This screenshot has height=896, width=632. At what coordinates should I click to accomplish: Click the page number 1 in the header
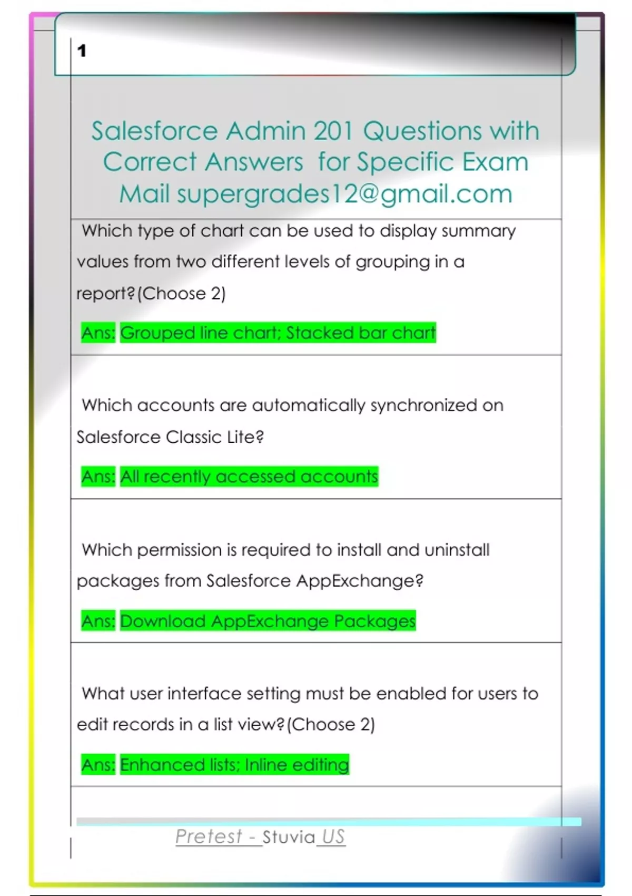click(82, 51)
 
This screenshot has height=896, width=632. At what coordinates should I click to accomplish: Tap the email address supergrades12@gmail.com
click(344, 193)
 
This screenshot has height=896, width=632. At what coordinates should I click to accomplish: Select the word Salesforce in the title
click(154, 131)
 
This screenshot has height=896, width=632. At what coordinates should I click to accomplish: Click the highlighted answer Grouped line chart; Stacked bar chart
click(278, 333)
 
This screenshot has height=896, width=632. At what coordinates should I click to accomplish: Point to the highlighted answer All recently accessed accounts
click(249, 476)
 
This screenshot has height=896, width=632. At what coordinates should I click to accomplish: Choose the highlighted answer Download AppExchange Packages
click(268, 621)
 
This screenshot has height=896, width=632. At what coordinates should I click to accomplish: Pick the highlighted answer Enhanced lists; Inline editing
click(234, 765)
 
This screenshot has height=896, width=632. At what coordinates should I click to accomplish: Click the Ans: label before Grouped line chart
click(98, 333)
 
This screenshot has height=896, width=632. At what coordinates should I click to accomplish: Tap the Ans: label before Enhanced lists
click(98, 765)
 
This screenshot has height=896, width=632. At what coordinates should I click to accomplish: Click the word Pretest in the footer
click(209, 836)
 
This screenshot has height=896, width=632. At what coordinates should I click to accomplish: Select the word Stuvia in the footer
click(289, 837)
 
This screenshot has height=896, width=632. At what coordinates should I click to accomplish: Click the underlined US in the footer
click(333, 836)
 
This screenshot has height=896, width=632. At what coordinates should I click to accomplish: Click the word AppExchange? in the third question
click(360, 581)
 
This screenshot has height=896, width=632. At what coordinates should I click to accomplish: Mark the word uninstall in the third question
click(457, 550)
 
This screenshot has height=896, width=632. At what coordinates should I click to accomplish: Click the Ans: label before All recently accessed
click(98, 476)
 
